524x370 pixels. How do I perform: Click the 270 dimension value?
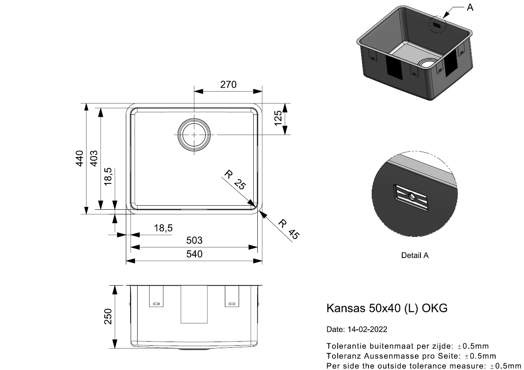[228, 84]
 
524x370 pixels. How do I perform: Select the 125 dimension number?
[278, 118]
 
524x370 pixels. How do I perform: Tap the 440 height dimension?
[80, 158]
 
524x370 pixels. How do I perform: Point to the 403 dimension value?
[94, 158]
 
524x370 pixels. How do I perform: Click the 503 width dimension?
[194, 240]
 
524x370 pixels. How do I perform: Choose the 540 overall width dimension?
[194, 254]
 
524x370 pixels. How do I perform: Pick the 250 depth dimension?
[108, 316]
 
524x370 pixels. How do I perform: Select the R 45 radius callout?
[289, 229]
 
